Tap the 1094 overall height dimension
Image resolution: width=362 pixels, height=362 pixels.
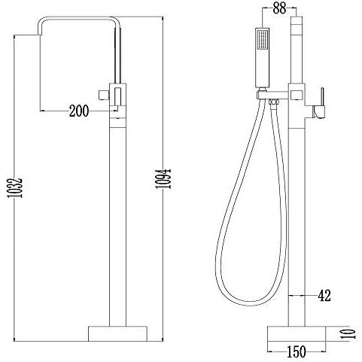(x=163, y=178)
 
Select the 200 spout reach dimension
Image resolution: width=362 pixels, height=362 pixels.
(x=79, y=111)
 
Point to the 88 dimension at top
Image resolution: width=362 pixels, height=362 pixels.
(x=279, y=8)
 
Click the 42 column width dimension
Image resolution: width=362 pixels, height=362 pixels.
(x=324, y=296)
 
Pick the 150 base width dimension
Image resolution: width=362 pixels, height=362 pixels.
(x=297, y=351)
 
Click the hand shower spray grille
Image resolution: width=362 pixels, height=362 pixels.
(x=262, y=39)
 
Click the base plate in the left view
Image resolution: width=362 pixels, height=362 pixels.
(x=117, y=333)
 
